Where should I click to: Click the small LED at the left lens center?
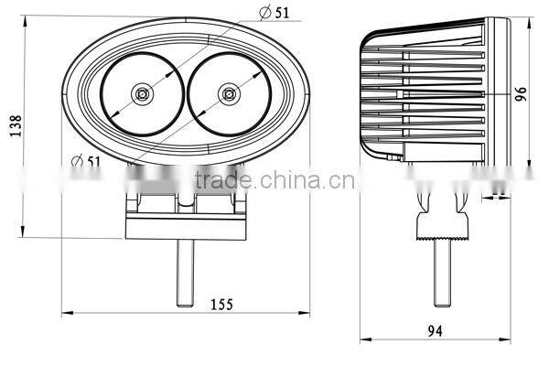pos(143,92)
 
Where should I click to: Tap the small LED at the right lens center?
pos(226,92)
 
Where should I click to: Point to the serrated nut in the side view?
pos(444,225)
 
